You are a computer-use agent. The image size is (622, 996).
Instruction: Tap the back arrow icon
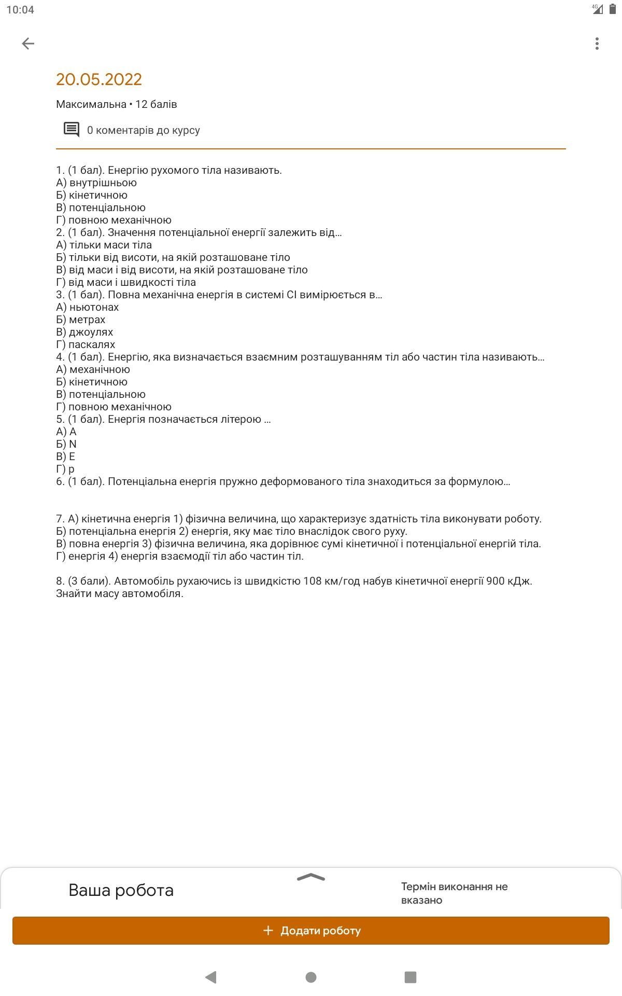[28, 44]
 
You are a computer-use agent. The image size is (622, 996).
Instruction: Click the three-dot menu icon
[597, 44]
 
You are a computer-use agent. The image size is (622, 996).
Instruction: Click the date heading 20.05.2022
[99, 79]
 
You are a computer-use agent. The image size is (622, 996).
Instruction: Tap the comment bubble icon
[72, 130]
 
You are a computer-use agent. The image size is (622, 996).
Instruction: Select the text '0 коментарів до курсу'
[143, 130]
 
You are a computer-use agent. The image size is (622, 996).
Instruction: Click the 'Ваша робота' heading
[121, 890]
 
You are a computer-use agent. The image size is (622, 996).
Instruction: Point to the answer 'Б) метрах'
[81, 320]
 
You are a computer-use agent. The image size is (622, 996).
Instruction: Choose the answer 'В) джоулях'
[84, 332]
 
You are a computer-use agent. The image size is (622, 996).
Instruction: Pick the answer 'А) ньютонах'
[88, 307]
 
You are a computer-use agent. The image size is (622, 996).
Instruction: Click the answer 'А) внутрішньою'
[96, 183]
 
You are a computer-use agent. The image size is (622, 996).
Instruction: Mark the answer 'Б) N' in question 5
[66, 444]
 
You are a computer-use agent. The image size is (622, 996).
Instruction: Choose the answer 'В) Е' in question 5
[66, 457]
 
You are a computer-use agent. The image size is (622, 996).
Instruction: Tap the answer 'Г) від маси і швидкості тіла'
[126, 282]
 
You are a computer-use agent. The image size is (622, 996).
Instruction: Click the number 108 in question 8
[313, 581]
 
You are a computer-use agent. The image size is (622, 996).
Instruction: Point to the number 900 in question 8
[496, 581]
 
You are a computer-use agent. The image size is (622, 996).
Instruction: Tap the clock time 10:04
[20, 10]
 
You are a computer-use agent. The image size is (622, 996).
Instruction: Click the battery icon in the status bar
[612, 9]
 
